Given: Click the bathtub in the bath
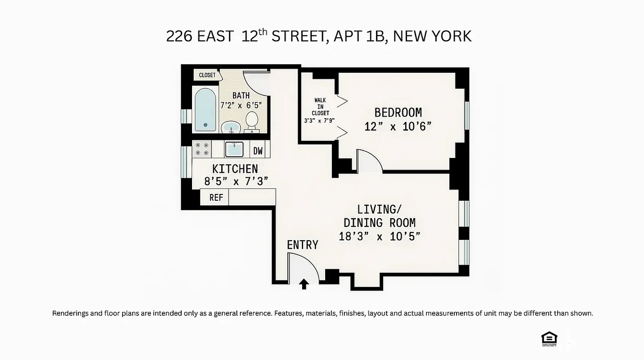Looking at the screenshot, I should pyautogui.click(x=205, y=109).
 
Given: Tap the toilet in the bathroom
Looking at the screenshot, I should pyautogui.click(x=252, y=121).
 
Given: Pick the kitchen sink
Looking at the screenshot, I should pyautogui.click(x=234, y=149).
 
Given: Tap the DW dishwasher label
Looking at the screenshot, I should pyautogui.click(x=258, y=151).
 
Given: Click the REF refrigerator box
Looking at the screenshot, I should pyautogui.click(x=216, y=197).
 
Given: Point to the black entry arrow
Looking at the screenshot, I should pyautogui.click(x=304, y=284).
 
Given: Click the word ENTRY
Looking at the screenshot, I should pyautogui.click(x=302, y=245).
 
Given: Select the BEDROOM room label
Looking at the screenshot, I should pyautogui.click(x=398, y=112).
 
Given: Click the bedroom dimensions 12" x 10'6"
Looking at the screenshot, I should pyautogui.click(x=398, y=127).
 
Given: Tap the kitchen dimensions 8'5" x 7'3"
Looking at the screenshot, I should pyautogui.click(x=236, y=181).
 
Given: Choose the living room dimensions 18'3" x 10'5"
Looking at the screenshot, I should pyautogui.click(x=379, y=236).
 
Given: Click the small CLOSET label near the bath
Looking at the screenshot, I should pyautogui.click(x=207, y=75).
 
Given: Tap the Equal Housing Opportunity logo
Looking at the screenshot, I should pyautogui.click(x=549, y=339).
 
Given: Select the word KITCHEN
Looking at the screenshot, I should pyautogui.click(x=235, y=169).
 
